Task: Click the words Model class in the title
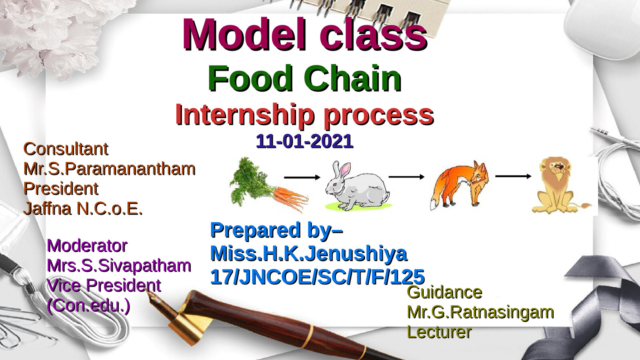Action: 305,35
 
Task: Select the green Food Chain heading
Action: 305,78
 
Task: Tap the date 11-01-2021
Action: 305,141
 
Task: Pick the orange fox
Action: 460,185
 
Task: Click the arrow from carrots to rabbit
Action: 302,177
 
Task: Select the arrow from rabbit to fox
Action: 406,176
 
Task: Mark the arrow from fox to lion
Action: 513,176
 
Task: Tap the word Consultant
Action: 66,149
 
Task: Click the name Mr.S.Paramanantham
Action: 109,169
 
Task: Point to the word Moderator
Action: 87,246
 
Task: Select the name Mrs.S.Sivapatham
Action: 119,266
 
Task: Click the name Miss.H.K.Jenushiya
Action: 309,254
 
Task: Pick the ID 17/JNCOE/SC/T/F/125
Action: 317,277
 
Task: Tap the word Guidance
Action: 445,292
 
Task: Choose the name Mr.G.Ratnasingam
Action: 480,312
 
